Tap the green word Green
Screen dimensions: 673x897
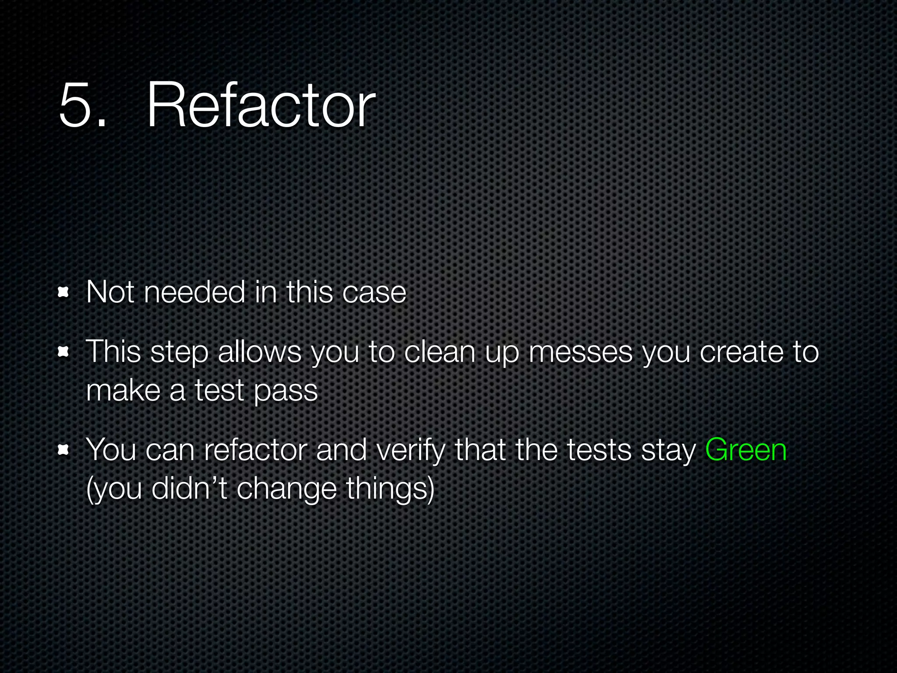tap(745, 450)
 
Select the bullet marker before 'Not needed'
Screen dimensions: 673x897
tap(64, 292)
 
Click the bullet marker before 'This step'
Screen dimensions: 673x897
tap(64, 352)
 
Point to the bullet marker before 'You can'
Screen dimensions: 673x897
tap(64, 450)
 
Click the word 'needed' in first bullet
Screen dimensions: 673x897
tap(194, 292)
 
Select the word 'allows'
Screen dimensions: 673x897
tap(259, 352)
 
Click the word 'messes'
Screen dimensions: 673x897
tap(580, 352)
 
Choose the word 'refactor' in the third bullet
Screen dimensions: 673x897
tap(255, 450)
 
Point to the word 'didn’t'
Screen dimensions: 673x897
tap(189, 488)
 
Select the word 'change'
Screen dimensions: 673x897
tap(286, 489)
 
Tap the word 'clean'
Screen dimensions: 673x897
tap(439, 352)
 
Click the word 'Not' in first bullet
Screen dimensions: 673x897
tap(110, 292)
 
